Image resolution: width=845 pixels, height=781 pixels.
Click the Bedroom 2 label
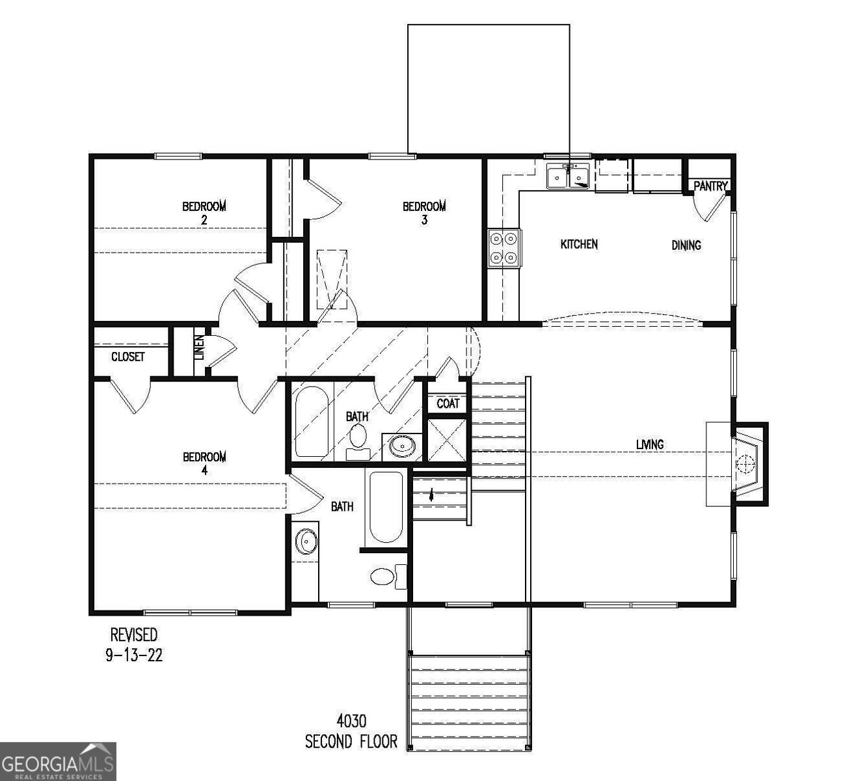(204, 213)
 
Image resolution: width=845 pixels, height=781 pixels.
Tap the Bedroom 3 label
(424, 213)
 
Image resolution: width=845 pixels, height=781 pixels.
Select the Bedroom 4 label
(204, 463)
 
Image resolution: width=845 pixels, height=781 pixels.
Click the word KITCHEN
(579, 245)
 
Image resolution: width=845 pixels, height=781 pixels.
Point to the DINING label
(686, 245)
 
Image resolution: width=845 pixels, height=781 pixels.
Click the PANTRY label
(710, 186)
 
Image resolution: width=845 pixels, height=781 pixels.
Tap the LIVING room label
(650, 445)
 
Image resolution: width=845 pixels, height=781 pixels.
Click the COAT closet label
(448, 404)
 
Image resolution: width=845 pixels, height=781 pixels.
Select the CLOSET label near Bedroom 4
(127, 357)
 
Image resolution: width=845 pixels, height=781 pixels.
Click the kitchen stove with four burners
(505, 248)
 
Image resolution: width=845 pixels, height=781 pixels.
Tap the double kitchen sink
(569, 176)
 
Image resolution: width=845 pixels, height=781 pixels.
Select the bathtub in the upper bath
(312, 422)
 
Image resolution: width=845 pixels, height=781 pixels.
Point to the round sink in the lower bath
(306, 540)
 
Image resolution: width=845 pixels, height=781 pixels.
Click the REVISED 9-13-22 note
(133, 644)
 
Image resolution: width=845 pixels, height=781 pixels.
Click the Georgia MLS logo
(57, 761)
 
